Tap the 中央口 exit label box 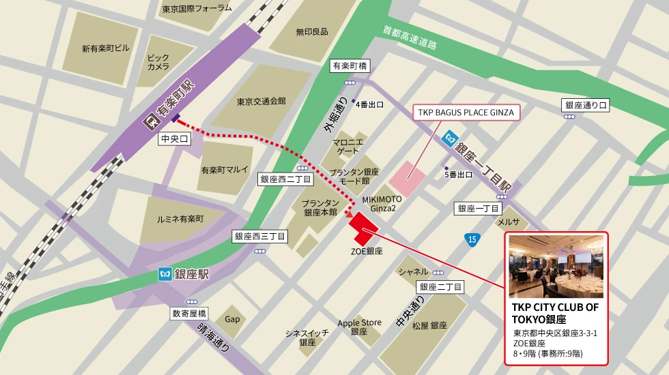tap(173, 139)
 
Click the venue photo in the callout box tap(556, 267)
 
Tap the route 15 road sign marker tap(472, 239)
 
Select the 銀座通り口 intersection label tap(585, 105)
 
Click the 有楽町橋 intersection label tap(350, 66)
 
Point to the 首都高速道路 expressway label tap(410, 37)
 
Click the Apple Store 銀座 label tap(359, 327)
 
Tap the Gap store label tap(233, 319)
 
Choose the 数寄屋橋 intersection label tap(190, 314)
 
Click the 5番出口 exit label tap(458, 175)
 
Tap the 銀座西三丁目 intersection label tap(259, 237)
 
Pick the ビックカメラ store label tap(158, 62)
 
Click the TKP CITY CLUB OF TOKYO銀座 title tap(555, 313)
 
